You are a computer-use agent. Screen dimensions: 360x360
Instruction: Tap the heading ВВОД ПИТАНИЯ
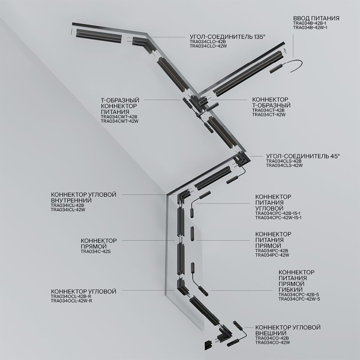click(x=316, y=19)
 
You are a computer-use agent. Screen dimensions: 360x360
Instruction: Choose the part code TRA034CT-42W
click(x=268, y=115)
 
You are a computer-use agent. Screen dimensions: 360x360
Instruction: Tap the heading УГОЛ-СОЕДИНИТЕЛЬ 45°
click(x=302, y=155)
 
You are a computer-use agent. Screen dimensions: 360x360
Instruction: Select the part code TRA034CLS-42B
click(x=284, y=161)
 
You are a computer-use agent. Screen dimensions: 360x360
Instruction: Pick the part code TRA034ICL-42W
click(x=68, y=211)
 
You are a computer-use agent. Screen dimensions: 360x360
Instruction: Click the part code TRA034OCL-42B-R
click(x=71, y=296)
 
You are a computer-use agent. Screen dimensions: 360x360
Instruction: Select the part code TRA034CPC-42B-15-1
click(x=278, y=214)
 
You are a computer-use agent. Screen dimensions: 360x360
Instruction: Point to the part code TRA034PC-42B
click(x=271, y=251)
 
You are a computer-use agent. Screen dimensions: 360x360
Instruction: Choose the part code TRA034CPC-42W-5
click(x=299, y=299)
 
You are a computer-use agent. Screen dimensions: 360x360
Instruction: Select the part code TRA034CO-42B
click(x=272, y=338)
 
